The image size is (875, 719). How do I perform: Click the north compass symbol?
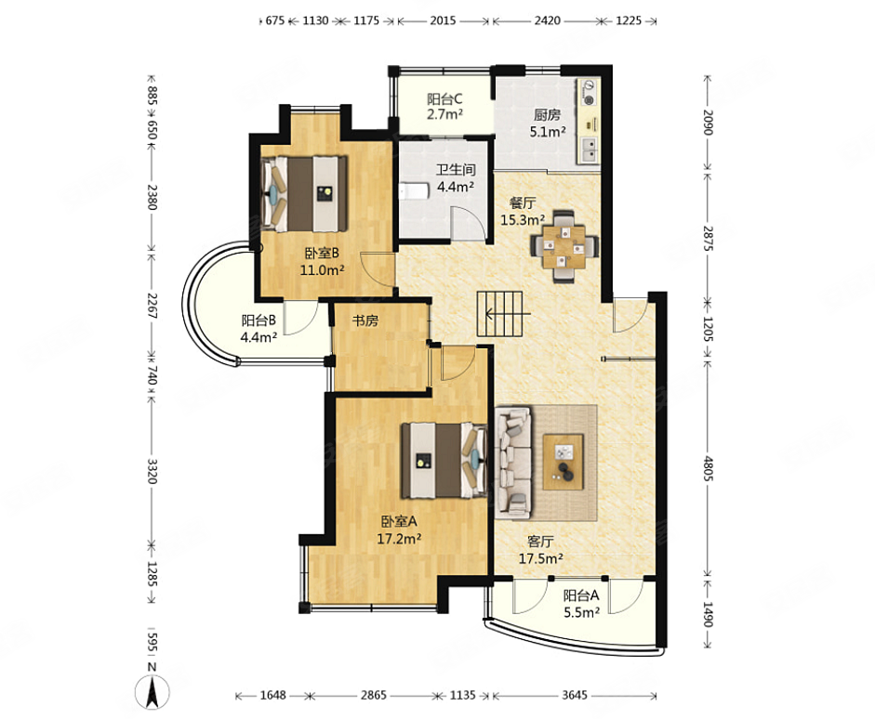[152, 691]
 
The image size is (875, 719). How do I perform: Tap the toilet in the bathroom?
[414, 191]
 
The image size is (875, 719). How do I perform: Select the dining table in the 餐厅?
[564, 246]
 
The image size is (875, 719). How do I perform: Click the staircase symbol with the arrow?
[503, 314]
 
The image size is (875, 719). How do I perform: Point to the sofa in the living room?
[513, 461]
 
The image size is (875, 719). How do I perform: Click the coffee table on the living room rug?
[563, 462]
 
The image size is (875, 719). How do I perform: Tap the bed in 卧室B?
[305, 194]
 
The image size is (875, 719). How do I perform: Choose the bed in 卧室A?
[444, 460]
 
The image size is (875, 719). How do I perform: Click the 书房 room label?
[365, 320]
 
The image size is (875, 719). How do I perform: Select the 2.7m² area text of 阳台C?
[445, 115]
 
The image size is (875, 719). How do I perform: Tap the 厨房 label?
[547, 115]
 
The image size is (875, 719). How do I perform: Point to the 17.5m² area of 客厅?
[541, 558]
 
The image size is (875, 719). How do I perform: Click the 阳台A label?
[581, 595]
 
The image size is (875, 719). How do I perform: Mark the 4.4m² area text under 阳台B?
[259, 337]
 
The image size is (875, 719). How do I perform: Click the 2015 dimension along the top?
[444, 20]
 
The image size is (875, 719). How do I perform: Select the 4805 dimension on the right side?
[708, 468]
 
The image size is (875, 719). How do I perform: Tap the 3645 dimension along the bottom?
[575, 695]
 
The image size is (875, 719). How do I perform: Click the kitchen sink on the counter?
[590, 149]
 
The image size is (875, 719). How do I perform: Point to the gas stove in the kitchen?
[589, 93]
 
